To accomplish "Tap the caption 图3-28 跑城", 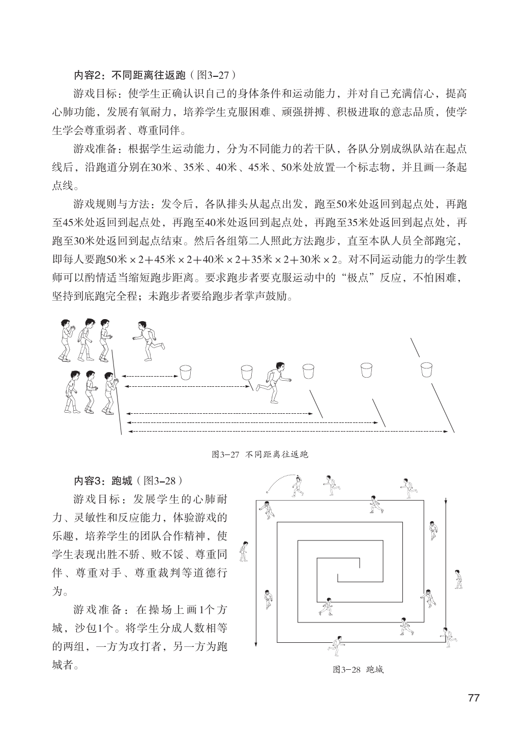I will tap(358, 670).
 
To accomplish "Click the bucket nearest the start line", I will tap(186, 372).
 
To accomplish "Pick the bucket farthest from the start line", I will tap(426, 369).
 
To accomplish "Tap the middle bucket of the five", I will tap(308, 371).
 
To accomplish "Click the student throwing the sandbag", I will tap(298, 486).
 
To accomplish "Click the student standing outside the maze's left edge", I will tap(244, 551).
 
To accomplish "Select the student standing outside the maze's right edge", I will tap(459, 578).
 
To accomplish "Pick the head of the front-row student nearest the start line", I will tap(108, 376).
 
